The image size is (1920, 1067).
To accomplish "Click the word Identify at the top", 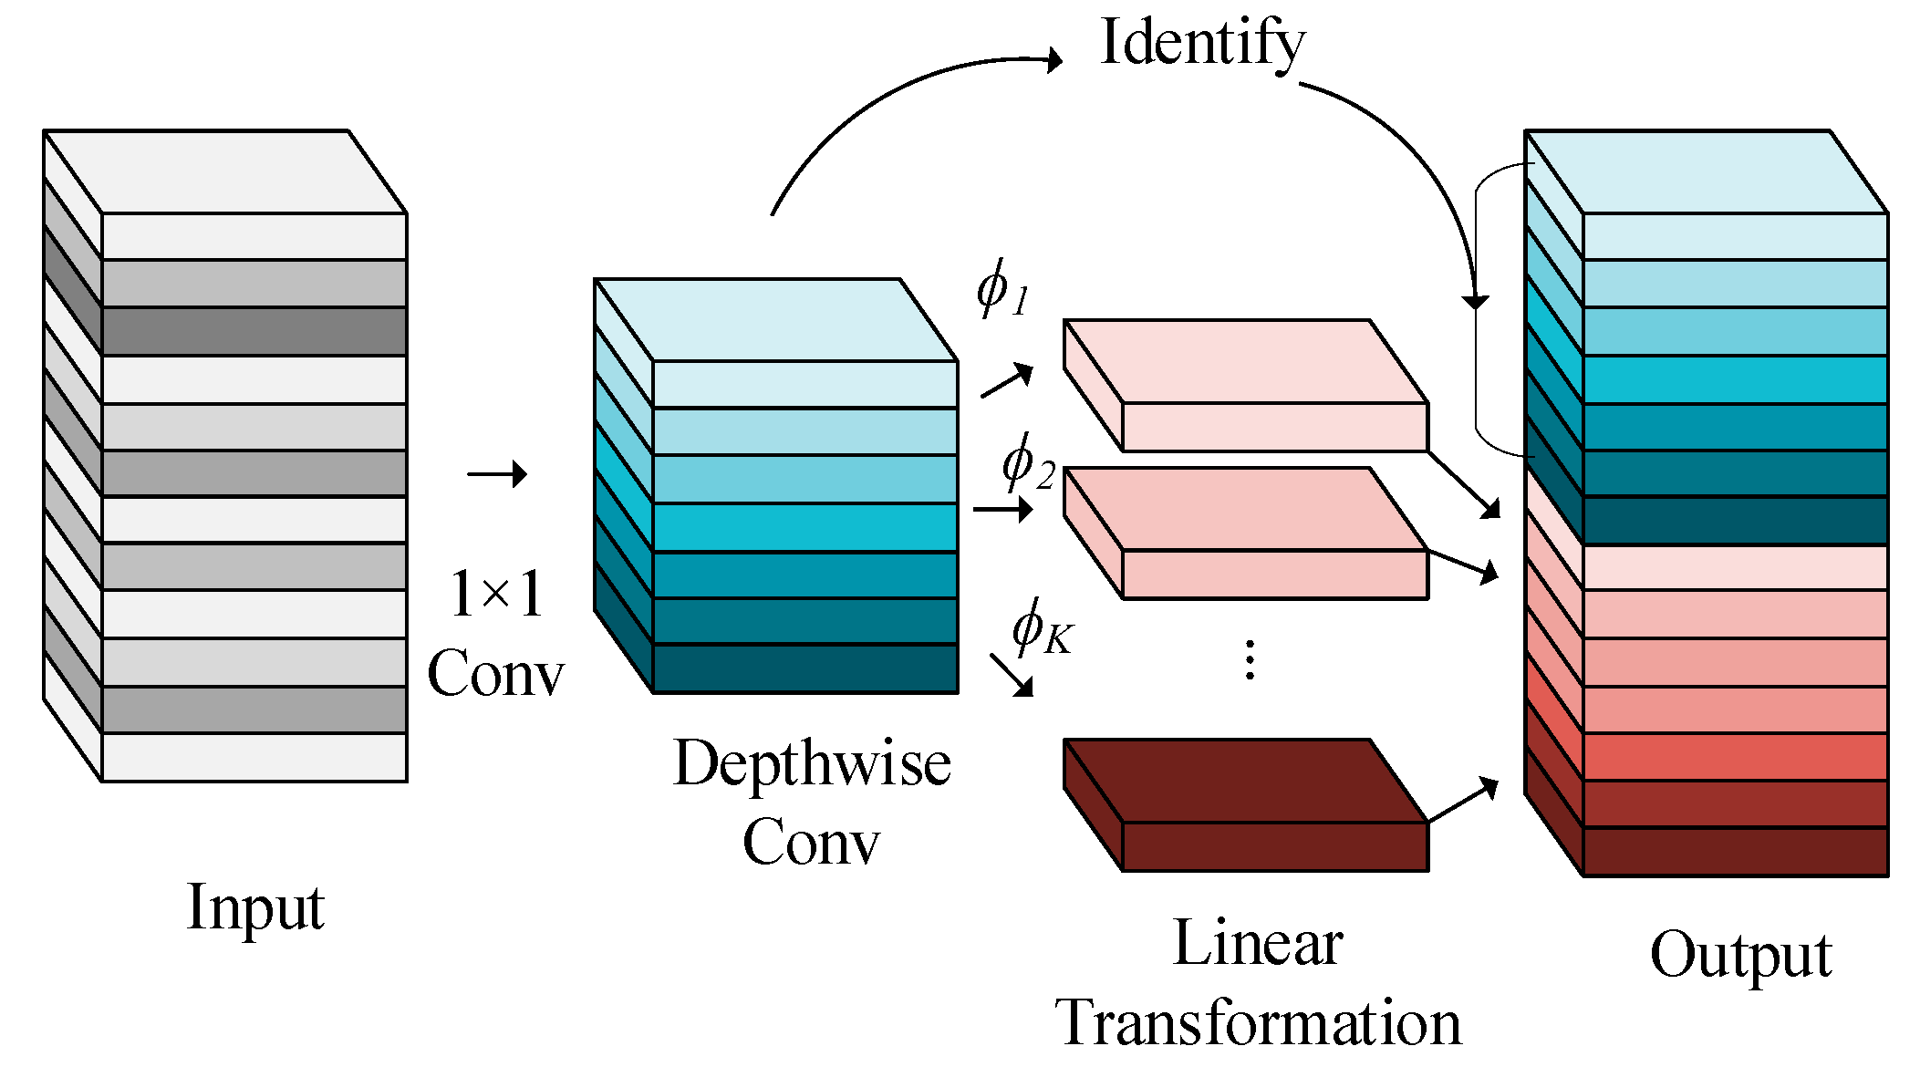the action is click(x=1202, y=44).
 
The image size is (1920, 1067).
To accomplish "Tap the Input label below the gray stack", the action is click(x=254, y=907).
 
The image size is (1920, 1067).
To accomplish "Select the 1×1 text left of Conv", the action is click(x=496, y=595).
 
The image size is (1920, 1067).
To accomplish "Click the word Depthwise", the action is click(x=812, y=763).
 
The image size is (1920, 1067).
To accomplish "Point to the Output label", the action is click(x=1740, y=955).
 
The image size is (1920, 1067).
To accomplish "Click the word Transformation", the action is click(x=1258, y=1022).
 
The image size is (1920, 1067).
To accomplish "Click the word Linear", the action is click(x=1258, y=943).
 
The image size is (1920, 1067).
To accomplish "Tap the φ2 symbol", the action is click(x=1027, y=463).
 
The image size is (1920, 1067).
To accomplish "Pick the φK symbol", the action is click(x=1041, y=628).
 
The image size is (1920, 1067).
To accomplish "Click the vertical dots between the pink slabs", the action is click(x=1250, y=659).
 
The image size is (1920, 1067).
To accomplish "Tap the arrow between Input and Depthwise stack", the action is click(x=497, y=474).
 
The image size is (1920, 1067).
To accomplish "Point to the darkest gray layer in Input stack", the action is click(x=254, y=331).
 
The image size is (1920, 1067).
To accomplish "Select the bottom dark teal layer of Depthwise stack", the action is click(x=804, y=668).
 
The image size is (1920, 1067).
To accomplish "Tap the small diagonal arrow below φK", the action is click(x=1012, y=676).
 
